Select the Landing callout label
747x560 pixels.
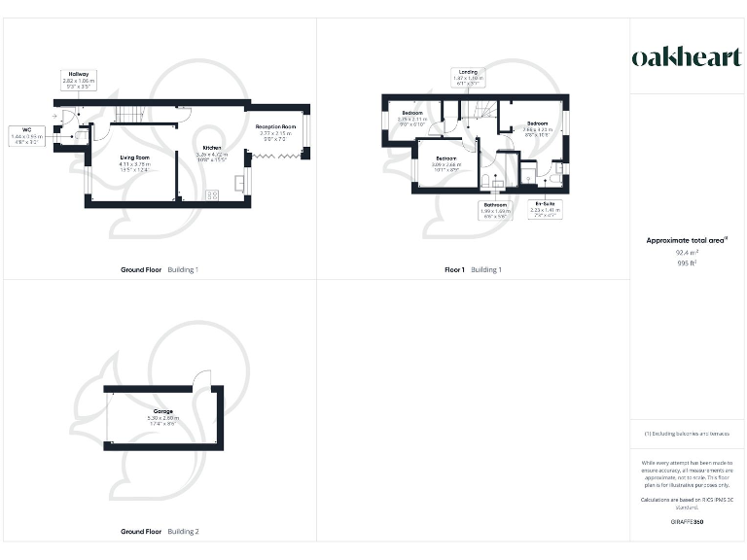point(469,76)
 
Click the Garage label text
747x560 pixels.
point(162,415)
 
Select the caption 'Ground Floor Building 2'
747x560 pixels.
point(160,532)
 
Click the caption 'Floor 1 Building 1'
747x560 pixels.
point(473,268)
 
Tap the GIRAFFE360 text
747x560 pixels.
point(687,523)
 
